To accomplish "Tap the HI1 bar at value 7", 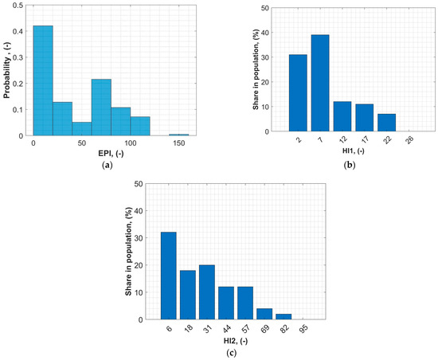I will (319, 83).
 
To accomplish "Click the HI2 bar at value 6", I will (168, 276).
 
